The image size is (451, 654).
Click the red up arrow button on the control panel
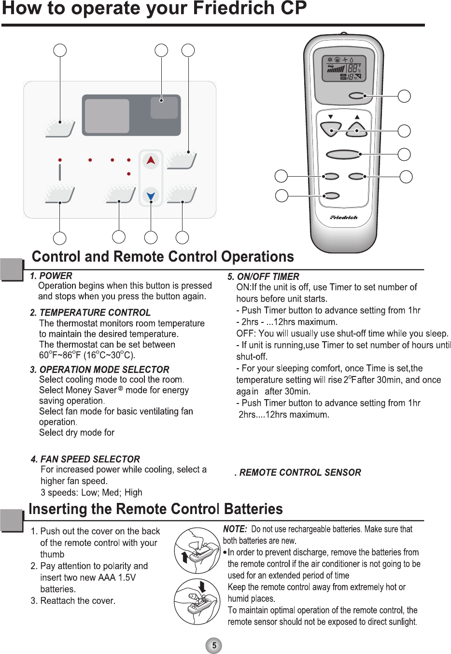coord(151,160)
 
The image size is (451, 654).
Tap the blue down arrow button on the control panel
coord(151,195)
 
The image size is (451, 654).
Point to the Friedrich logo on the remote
coord(344,218)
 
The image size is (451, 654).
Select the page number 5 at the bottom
coord(214,645)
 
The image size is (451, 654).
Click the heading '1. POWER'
coord(51,276)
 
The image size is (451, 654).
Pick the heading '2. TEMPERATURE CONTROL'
coord(90,312)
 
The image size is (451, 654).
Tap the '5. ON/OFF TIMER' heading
coord(264,277)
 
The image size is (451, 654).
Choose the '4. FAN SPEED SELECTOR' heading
coord(85,459)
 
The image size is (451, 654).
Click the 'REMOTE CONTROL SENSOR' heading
coord(300,473)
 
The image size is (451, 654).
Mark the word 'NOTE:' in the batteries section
coord(235,529)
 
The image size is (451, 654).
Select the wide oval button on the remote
coord(343,154)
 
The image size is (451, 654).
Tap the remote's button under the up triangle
coord(357,130)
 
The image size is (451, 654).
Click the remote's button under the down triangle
coord(331,130)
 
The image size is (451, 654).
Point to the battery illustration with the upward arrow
coord(197,551)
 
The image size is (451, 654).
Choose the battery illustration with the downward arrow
coord(197,602)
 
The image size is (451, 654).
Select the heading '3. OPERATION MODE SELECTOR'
coord(99,369)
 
